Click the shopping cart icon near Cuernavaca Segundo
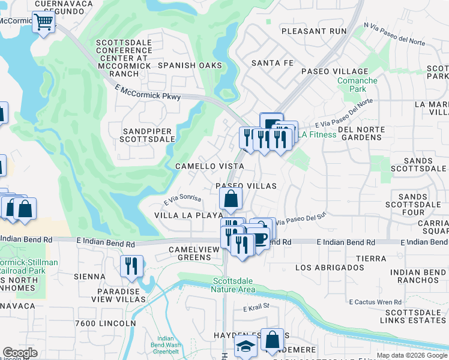[x=43, y=23]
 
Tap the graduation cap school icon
[x=245, y=346]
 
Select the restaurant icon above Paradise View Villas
[x=131, y=265]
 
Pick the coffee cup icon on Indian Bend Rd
[x=259, y=238]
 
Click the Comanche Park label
[x=357, y=85]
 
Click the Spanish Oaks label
[x=190, y=65]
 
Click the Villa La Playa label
[x=188, y=215]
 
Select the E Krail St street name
[x=258, y=308]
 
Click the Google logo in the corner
[x=20, y=353]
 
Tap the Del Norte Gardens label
[x=361, y=133]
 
